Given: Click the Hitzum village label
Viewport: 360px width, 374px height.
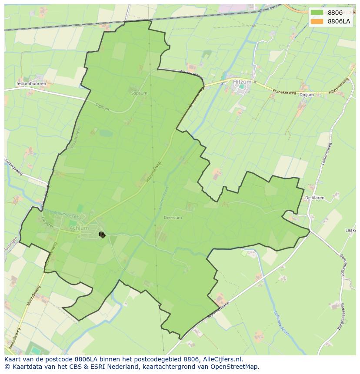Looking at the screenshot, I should tap(243, 81).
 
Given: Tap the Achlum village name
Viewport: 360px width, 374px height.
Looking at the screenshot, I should tap(79, 228).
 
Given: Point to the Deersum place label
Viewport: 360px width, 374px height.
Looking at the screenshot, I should tap(173, 218).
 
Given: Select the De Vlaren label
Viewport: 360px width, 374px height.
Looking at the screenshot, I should tap(314, 198).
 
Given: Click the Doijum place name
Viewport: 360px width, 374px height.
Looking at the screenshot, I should tap(307, 94).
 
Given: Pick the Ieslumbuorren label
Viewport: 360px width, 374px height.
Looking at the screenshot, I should tap(31, 83).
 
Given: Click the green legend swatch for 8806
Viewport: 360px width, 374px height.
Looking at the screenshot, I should tap(317, 13).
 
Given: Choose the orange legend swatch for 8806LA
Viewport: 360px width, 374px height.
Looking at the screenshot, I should tap(317, 21).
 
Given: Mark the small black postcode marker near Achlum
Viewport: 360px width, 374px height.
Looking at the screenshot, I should tap(102, 235).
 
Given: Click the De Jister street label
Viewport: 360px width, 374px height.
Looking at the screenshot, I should tap(48, 222).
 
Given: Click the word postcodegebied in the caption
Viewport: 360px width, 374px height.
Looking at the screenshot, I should tap(156, 359).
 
